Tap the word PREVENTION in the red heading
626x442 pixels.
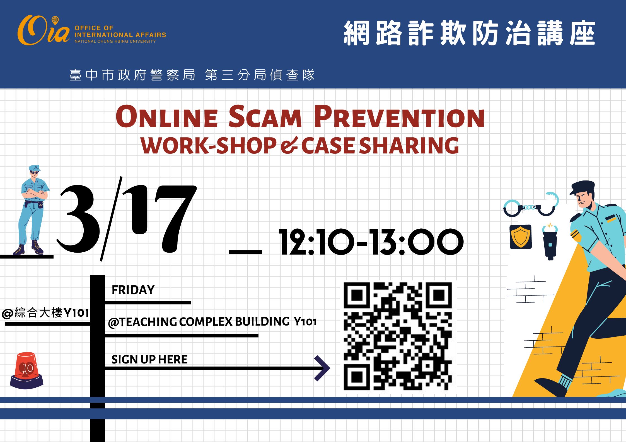pos(399,117)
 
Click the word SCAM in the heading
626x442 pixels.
pos(265,117)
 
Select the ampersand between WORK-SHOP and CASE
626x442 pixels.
pos(289,146)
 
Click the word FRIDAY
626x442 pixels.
pos(133,290)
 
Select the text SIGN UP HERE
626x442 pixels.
pos(149,360)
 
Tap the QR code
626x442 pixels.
pos(398,336)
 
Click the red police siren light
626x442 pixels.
pos(26,371)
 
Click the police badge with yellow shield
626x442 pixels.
pos(521,237)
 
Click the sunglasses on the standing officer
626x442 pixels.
pos(35,173)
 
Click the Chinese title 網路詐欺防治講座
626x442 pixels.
pos(469,33)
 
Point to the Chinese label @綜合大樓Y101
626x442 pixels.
pos(45,313)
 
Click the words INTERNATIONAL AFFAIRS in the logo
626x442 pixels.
pos(120,35)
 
